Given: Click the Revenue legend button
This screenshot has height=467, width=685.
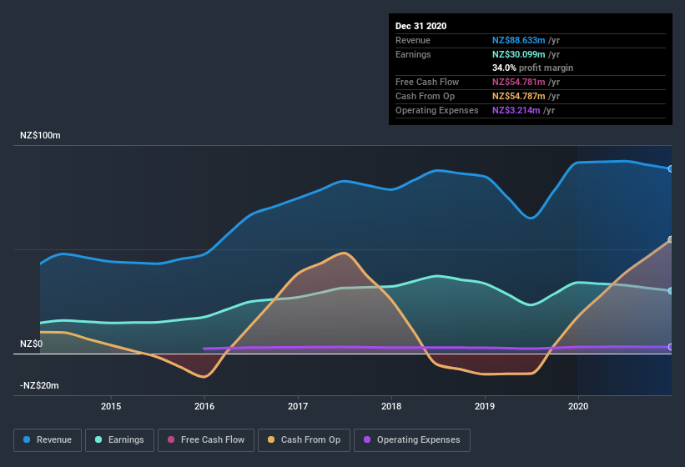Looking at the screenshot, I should pos(48,439).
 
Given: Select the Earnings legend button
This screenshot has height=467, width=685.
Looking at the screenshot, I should pos(118,439).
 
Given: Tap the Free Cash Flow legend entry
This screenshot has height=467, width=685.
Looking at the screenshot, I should pos(206,439).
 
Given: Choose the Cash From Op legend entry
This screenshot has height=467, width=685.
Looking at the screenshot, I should pos(304,439).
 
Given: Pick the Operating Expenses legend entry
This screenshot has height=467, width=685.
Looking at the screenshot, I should pos(412,439).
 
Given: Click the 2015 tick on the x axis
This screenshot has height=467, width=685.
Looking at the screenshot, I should pos(111,406).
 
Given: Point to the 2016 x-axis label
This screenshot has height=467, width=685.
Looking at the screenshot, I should pos(204,406).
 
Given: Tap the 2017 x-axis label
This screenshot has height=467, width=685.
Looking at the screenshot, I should pos(298,406).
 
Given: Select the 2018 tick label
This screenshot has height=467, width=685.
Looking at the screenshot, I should pos(391,406).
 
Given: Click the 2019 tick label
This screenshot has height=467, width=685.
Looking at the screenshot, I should pos(485,406).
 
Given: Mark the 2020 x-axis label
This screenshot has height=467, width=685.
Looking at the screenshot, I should pos(577,406).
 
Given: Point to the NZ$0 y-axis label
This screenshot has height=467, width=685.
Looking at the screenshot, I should pos(33,344).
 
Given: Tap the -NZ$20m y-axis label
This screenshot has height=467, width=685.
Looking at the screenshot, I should pos(40,385).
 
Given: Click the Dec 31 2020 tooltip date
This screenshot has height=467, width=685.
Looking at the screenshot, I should pos(421,26).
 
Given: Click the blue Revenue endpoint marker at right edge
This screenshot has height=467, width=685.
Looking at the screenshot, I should pos(671,168).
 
